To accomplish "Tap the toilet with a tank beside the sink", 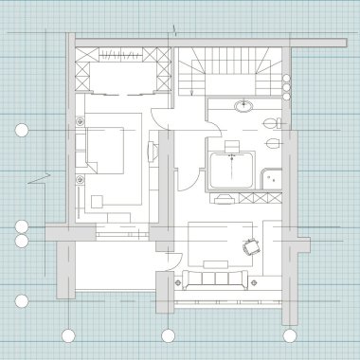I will [x=273, y=122].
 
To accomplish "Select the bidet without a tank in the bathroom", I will [x=274, y=144].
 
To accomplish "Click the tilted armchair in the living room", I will [x=251, y=245].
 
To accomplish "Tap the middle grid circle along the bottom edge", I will [x=169, y=335].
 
